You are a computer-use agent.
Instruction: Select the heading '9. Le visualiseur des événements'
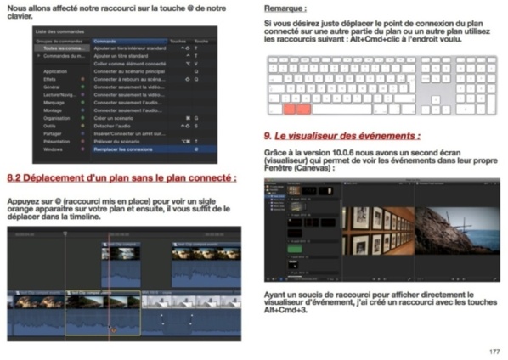pos(341,135)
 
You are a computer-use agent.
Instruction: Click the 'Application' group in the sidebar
pos(55,71)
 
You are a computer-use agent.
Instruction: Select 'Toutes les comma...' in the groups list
pos(64,48)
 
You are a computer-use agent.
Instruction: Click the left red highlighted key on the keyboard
pos(289,109)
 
